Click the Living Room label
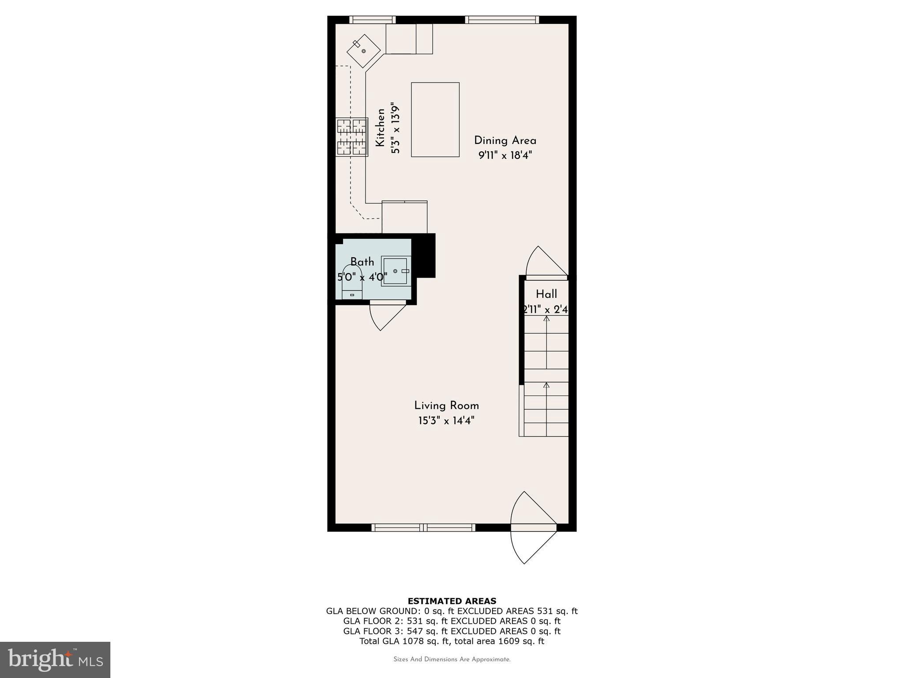click(446, 406)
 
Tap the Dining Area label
click(505, 141)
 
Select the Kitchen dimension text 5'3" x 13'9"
click(395, 128)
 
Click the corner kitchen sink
click(363, 51)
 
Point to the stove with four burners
click(352, 137)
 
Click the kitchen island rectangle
click(435, 120)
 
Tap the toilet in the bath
click(352, 282)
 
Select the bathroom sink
click(396, 271)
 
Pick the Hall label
click(546, 294)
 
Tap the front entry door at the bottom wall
click(534, 527)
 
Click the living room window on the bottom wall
click(423, 527)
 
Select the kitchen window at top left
click(372, 19)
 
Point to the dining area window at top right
click(502, 19)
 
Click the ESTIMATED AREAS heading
click(452, 601)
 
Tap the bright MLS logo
click(55, 659)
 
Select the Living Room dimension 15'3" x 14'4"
click(446, 421)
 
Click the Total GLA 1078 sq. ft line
click(452, 641)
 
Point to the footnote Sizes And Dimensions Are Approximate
click(452, 659)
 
